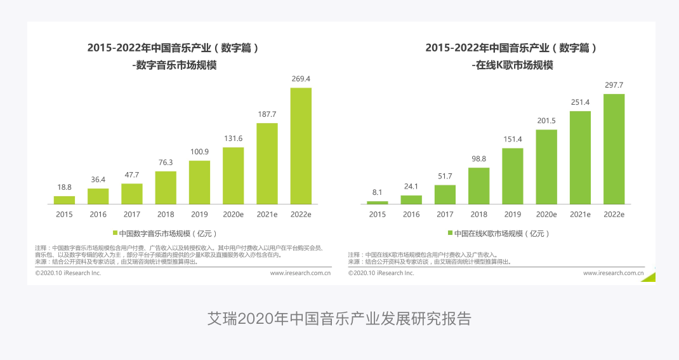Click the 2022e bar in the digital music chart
(301, 145)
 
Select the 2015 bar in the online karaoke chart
(377, 203)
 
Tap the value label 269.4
(301, 79)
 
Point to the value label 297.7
(614, 85)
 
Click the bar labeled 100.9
(199, 182)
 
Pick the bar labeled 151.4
(513, 176)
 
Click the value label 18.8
(64, 187)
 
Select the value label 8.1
(377, 192)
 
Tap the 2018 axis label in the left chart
(166, 215)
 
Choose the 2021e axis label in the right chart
(580, 215)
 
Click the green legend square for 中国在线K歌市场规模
(450, 233)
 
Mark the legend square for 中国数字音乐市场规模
(115, 233)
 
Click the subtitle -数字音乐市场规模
(174, 65)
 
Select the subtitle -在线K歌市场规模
(512, 65)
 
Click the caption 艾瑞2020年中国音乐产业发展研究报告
(339, 318)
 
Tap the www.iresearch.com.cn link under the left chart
(300, 273)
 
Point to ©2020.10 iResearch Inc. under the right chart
(381, 273)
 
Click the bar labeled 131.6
(233, 175)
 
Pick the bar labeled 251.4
(580, 157)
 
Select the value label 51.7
(445, 177)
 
